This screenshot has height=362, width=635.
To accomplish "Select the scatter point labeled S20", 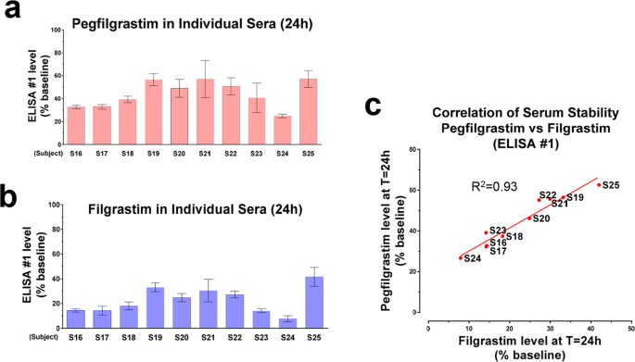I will pos(529,218).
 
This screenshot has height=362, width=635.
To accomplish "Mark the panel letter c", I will pos(375,107).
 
